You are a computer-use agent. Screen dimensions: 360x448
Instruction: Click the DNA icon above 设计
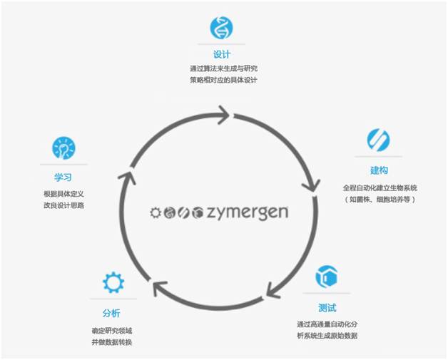[221, 27]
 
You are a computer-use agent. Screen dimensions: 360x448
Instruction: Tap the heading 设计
[221, 54]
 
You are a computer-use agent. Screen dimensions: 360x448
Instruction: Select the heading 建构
[379, 170]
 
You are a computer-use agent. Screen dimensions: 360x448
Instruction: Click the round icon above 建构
[378, 139]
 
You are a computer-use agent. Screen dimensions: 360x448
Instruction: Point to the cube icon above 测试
[326, 277]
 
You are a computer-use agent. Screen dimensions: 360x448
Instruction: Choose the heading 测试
[327, 308]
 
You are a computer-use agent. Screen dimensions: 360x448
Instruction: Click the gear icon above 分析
[113, 282]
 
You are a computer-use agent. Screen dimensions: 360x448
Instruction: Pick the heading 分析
[113, 314]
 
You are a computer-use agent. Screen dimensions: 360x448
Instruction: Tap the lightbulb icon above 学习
[63, 148]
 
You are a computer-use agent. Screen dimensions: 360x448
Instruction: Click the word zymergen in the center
[250, 212]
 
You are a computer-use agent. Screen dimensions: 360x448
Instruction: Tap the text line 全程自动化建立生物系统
[379, 187]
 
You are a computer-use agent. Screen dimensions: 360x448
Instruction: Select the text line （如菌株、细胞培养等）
[379, 199]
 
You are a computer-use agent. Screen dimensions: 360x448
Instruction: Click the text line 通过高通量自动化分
[327, 324]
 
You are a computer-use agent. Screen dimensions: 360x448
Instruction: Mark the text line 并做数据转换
[113, 342]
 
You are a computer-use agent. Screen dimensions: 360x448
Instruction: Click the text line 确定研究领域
[113, 330]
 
